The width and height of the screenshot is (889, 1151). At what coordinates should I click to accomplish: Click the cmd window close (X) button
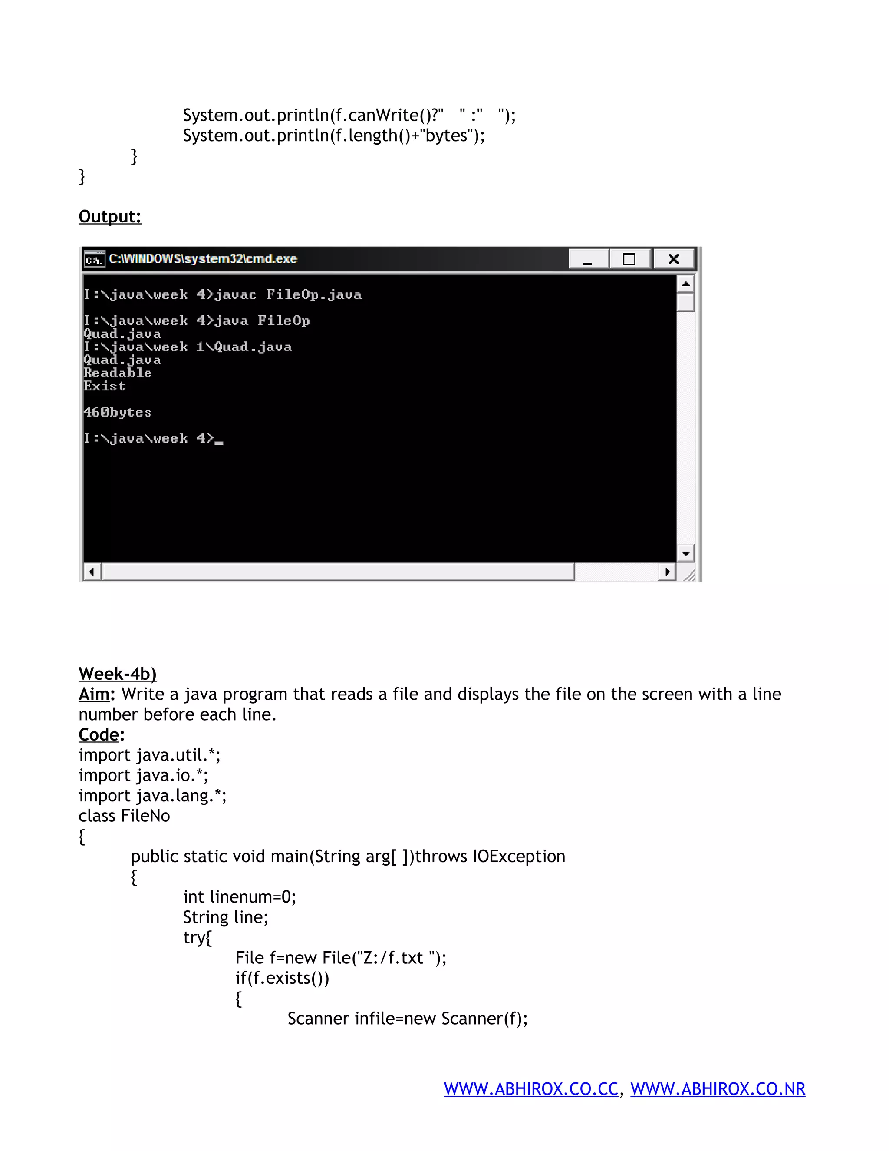674,259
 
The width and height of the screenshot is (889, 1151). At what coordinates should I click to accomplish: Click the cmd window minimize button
588,259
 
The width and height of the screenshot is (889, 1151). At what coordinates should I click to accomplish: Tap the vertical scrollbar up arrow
685,284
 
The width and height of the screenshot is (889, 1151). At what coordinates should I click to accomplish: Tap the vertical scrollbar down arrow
685,553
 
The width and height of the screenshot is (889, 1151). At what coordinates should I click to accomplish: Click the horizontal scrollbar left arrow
92,572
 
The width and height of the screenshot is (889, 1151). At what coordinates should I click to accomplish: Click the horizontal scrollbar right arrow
667,572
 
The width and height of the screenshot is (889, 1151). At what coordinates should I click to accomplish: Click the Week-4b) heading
118,674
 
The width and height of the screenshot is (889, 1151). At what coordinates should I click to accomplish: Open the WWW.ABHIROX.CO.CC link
531,1089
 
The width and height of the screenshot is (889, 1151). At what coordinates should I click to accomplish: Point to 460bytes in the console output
118,412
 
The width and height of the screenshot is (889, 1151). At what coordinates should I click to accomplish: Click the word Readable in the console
118,373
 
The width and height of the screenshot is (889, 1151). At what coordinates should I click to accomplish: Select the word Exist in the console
104,386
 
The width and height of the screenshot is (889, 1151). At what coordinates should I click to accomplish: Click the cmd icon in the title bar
94,259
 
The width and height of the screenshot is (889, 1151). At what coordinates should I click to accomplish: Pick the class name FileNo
145,816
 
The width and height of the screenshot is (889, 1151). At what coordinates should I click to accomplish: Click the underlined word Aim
94,694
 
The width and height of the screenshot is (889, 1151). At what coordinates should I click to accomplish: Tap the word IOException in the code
519,857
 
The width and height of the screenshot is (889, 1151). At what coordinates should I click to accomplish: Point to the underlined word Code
99,734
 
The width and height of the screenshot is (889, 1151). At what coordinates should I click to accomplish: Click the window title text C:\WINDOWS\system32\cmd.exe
203,259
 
